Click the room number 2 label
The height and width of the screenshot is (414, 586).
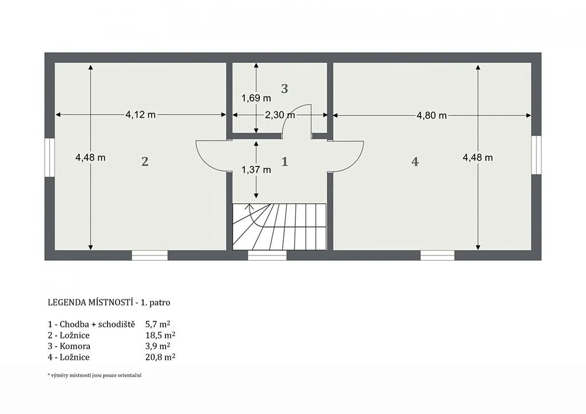[145, 162]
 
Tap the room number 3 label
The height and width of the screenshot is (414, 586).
[284, 89]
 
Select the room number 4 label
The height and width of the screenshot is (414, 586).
[415, 162]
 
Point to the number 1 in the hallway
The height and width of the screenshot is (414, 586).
[285, 162]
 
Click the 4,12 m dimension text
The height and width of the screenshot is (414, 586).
[140, 114]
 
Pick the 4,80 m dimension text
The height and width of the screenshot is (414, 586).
[431, 116]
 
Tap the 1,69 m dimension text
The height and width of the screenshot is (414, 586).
[256, 98]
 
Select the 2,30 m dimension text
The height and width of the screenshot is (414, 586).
[280, 115]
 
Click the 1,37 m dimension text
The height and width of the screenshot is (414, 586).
[256, 170]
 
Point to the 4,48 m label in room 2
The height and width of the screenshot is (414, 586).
[90, 157]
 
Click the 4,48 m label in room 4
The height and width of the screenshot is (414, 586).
[478, 157]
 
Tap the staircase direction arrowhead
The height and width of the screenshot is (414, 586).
[251, 206]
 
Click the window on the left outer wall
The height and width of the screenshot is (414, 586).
[50, 157]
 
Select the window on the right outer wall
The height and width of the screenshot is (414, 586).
[536, 155]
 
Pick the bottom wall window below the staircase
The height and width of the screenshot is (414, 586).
[267, 256]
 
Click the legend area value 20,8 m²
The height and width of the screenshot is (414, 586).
[160, 357]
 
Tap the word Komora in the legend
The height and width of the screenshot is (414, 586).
[75, 346]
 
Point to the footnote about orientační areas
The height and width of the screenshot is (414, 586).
[94, 375]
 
